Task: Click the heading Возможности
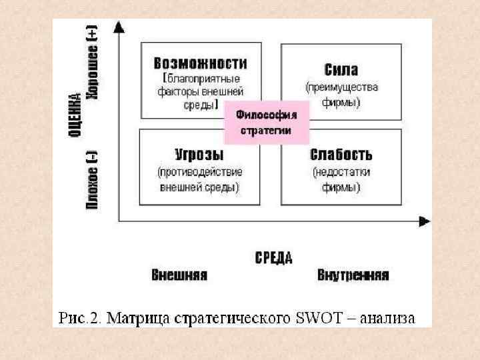tap(200, 63)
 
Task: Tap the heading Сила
tap(341, 70)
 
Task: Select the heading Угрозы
tap(200, 155)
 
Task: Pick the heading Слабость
tap(341, 155)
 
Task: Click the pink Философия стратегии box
tap(266, 123)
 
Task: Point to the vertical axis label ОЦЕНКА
tap(75, 117)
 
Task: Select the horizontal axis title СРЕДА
tap(273, 258)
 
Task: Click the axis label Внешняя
tap(179, 275)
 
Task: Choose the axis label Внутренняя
tap(353, 275)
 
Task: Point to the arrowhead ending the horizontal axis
tap(424, 221)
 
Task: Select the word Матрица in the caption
tap(137, 317)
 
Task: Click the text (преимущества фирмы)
tap(341, 95)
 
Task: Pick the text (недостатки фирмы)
tap(341, 180)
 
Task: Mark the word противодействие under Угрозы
tap(200, 172)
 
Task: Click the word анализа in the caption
tap(387, 317)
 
